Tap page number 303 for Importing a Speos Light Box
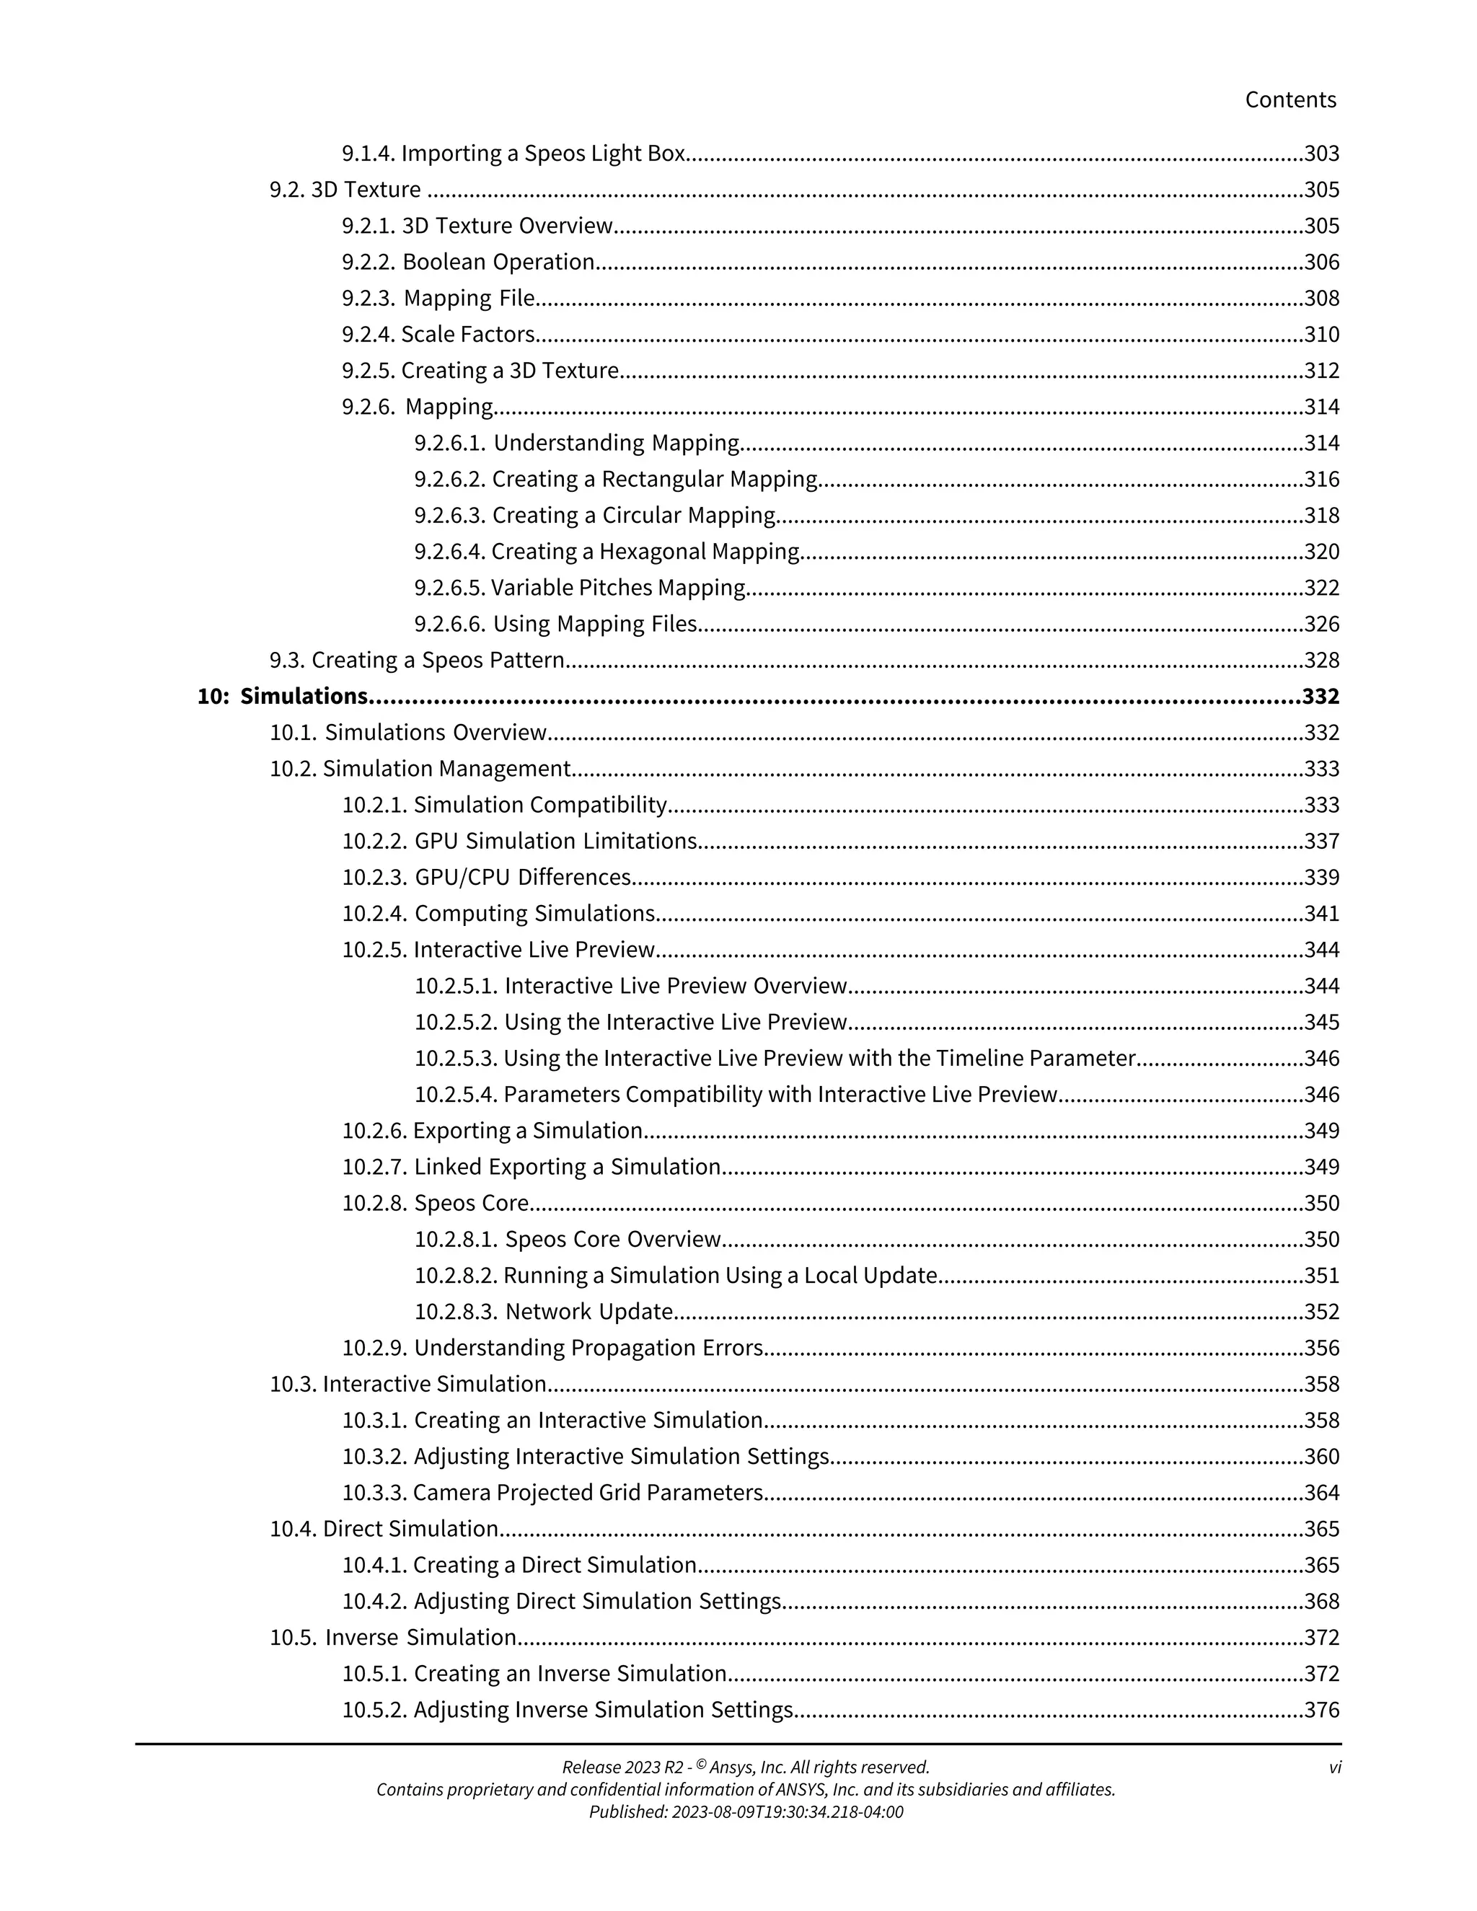tap(1321, 154)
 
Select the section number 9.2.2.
tap(369, 262)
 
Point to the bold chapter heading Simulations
tap(304, 697)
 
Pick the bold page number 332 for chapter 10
tap(1321, 697)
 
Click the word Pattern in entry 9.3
tap(528, 661)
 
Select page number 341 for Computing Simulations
tap(1321, 914)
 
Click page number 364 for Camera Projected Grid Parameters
tap(1321, 1493)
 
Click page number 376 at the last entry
tap(1321, 1710)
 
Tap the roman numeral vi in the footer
tap(1334, 1767)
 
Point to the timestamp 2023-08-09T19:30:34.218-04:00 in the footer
tap(787, 1812)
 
